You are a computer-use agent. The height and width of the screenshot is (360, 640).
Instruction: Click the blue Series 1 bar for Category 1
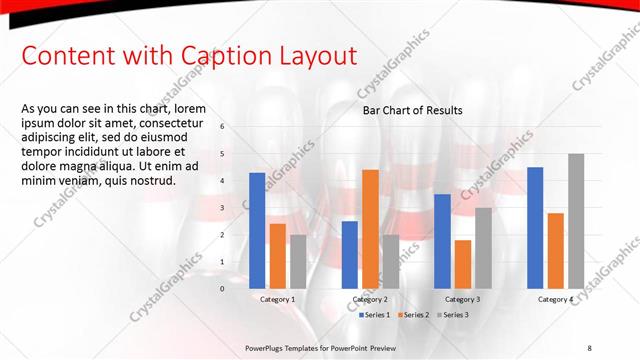(257, 231)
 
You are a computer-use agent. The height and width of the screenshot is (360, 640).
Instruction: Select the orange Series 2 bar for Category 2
(370, 229)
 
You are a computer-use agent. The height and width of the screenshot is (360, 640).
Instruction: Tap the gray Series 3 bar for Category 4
(576, 221)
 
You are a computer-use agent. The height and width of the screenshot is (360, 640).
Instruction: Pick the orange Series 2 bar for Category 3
(462, 264)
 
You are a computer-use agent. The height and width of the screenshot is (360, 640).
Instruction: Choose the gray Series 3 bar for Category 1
(298, 262)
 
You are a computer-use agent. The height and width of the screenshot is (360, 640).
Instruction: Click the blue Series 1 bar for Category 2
(349, 255)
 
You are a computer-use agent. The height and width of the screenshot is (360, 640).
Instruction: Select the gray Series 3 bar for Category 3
(483, 248)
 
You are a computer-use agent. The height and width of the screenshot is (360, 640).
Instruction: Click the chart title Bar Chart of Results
(413, 110)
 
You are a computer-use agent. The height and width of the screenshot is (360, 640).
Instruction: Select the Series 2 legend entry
(414, 315)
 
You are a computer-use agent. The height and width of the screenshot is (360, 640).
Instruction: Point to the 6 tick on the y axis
(222, 127)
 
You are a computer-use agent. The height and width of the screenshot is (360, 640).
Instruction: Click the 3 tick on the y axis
(222, 208)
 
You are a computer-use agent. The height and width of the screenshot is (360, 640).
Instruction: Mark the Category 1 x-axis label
(277, 299)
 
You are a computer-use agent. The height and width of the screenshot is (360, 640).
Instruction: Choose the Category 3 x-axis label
(462, 299)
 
